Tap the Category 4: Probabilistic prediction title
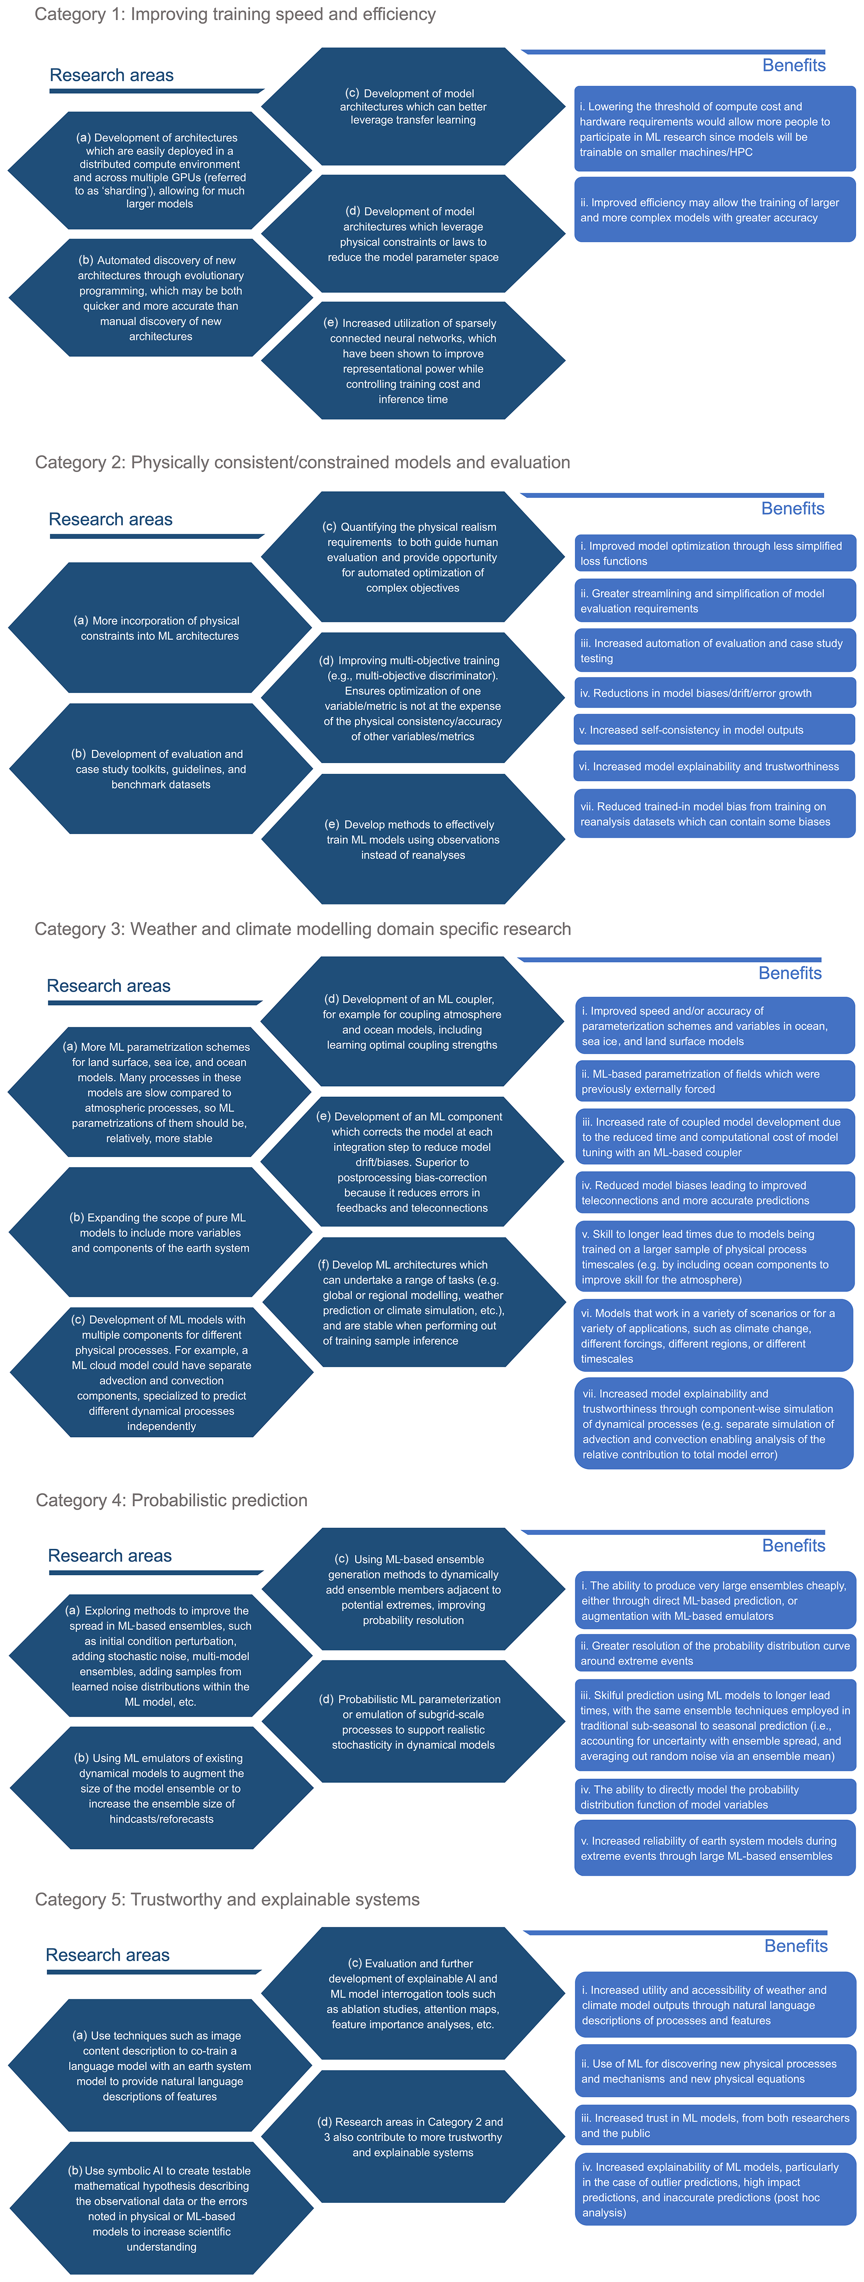coord(172,1500)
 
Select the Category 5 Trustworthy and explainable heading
coord(228,1899)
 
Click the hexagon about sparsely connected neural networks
coord(413,360)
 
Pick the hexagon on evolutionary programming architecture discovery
coord(161,298)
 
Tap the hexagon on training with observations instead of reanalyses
coord(413,839)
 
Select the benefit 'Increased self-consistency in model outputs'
coord(714,730)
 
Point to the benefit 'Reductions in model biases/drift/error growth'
coord(714,693)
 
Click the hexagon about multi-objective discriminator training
coord(413,698)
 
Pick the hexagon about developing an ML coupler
coord(412,1021)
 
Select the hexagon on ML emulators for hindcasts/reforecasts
coord(161,1788)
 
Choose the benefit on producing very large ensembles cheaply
coord(714,1601)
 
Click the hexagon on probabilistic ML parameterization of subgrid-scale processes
coord(413,1721)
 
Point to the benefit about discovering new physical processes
coord(714,2071)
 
